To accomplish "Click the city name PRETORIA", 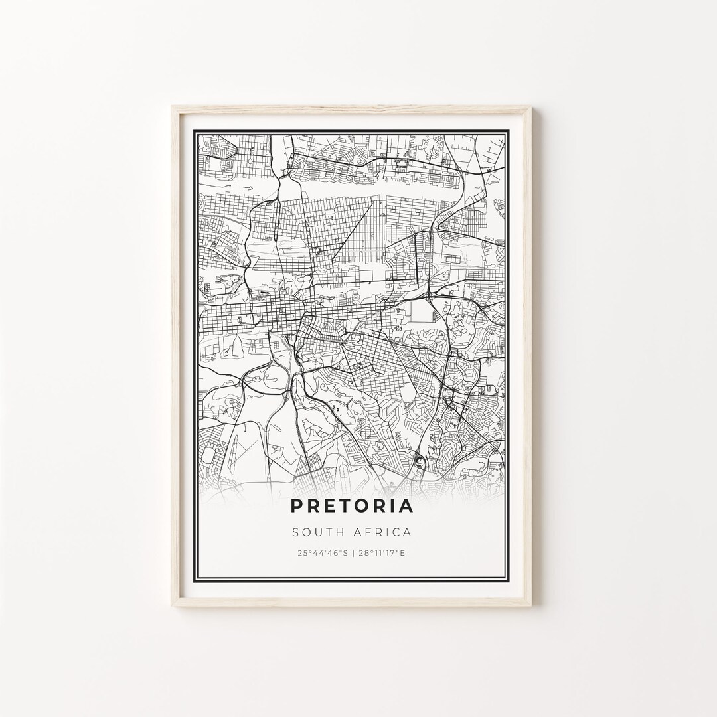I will [x=352, y=506].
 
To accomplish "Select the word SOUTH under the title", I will [x=315, y=532].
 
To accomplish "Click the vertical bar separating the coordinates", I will [x=352, y=552].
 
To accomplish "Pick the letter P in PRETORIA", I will [x=296, y=506].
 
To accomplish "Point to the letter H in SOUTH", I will [x=338, y=532].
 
